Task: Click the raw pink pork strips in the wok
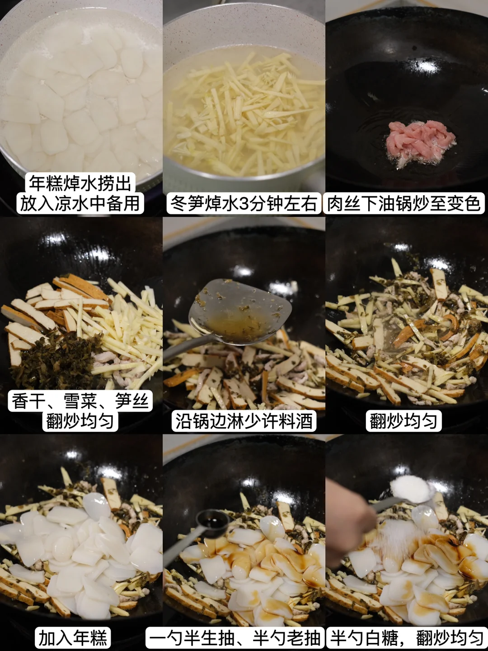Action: pyautogui.click(x=420, y=143)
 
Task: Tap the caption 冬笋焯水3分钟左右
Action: pyautogui.click(x=244, y=204)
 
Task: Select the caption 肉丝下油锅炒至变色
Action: pyautogui.click(x=404, y=204)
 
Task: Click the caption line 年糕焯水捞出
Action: pyautogui.click(x=80, y=183)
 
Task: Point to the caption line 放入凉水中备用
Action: pyautogui.click(x=80, y=204)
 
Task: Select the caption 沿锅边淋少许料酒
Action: pyautogui.click(x=244, y=421)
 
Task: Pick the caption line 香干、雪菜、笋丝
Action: pyautogui.click(x=80, y=401)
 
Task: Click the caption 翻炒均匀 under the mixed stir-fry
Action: pyautogui.click(x=404, y=421)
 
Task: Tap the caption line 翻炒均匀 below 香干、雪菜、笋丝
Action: pyautogui.click(x=80, y=421)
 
